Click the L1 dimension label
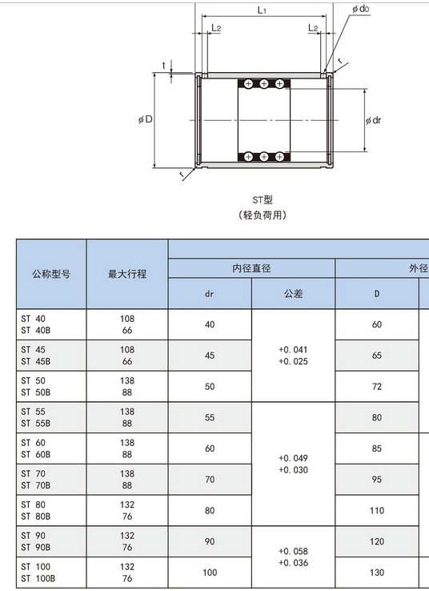coord(262,10)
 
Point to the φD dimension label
coord(146,120)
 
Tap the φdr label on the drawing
coord(373,120)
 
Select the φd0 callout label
coord(360,9)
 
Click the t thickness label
coord(164,66)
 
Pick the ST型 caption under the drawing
coord(263,199)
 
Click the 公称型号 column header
coord(51,274)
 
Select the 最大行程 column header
coord(127,274)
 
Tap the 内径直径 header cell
coord(251,268)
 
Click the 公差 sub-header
coord(294,294)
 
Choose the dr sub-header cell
coord(210,294)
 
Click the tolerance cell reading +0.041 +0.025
coord(294,356)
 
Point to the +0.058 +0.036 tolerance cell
coord(294,557)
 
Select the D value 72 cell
coord(377,386)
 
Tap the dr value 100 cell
coord(210,573)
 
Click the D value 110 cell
coord(377,510)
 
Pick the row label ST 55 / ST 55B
coord(36,417)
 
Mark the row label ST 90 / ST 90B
coord(36,541)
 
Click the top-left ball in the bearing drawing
coord(248,83)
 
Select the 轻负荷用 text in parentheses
coord(263,215)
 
